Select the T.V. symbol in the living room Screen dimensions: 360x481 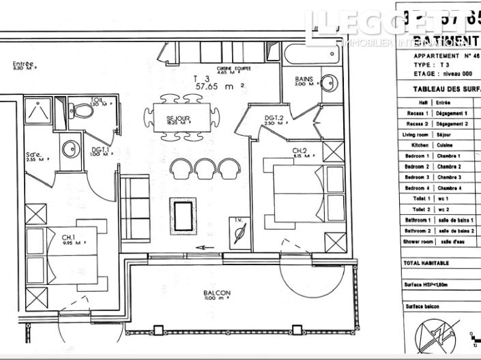(x=238, y=232)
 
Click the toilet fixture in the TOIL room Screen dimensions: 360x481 (x=83, y=110)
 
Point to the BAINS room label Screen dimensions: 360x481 (x=304, y=79)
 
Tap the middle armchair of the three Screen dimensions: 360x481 (x=206, y=167)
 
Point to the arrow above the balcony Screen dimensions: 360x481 (x=201, y=247)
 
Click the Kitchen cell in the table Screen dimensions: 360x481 (x=412, y=146)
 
